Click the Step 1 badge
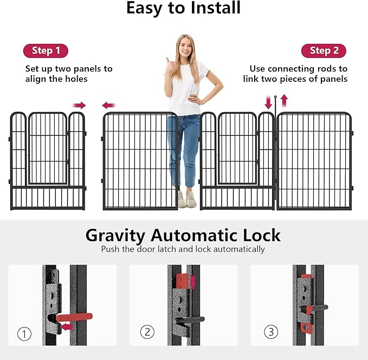(x=46, y=51)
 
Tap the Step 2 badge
(x=324, y=51)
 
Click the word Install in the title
(x=212, y=9)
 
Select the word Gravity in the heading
(x=115, y=235)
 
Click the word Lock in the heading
(x=262, y=235)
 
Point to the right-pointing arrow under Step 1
(x=80, y=105)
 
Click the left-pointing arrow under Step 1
(x=109, y=105)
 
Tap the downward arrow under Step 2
(x=268, y=101)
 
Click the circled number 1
(x=24, y=334)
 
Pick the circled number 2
(x=146, y=332)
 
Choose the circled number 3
(x=269, y=331)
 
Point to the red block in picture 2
(x=183, y=281)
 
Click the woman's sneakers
(x=186, y=199)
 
